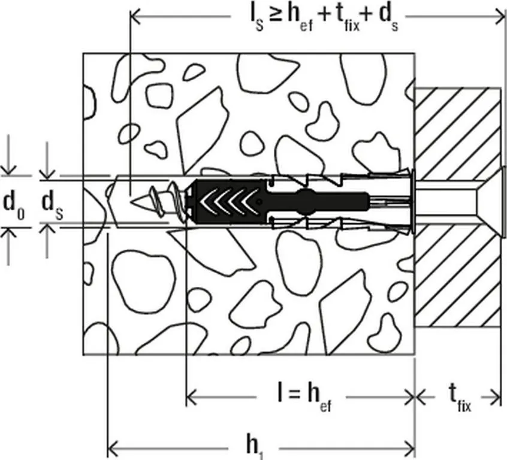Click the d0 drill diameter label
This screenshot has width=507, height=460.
(x=14, y=206)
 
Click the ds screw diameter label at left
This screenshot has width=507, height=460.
(x=52, y=206)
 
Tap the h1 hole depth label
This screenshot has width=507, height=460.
(x=255, y=449)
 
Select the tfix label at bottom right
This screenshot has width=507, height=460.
(x=460, y=398)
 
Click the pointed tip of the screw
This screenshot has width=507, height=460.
(x=132, y=202)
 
